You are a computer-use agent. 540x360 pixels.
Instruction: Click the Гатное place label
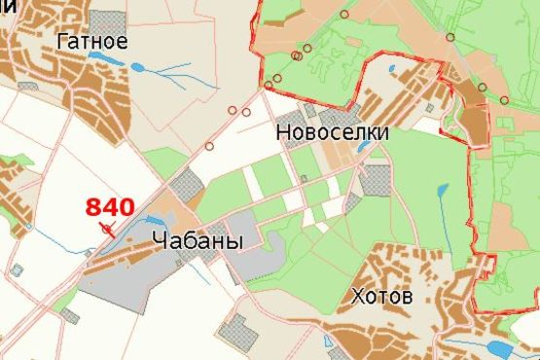pos(92,42)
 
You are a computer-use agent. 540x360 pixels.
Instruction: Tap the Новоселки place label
pos(333,129)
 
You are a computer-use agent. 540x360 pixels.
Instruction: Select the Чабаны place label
pos(197,241)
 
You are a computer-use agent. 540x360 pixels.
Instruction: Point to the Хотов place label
pos(382,295)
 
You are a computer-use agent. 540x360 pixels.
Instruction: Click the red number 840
pos(110,206)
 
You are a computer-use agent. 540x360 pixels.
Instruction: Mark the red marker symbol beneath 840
pos(108,229)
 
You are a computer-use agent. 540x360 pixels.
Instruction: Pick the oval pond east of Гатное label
pos(137,67)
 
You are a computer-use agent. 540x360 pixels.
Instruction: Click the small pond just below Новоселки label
pos(364,147)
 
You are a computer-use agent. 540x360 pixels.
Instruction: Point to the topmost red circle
pos(343,14)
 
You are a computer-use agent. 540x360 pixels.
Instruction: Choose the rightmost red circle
pos(506,99)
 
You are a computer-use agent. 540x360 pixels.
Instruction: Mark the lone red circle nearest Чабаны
pos(209,146)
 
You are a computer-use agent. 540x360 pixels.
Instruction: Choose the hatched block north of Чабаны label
pos(185,185)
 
